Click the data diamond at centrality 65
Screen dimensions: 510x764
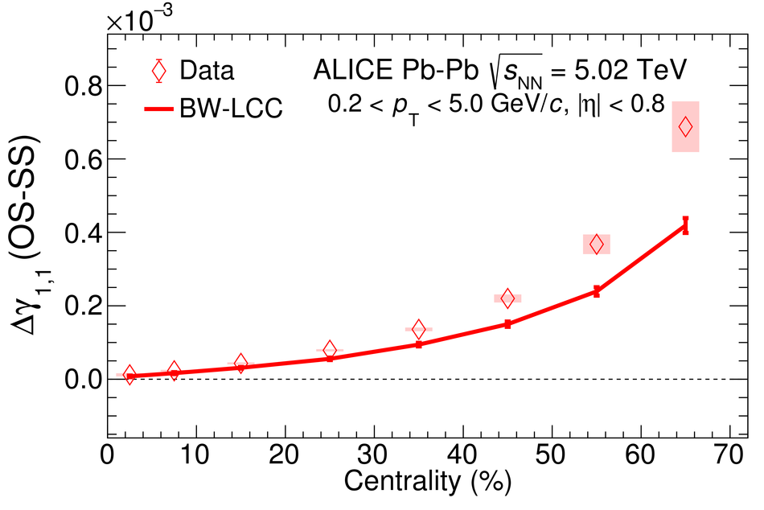tap(685, 126)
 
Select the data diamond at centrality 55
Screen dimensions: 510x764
tap(597, 244)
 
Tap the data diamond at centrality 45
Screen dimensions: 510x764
tap(507, 298)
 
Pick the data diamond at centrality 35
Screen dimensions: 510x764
tap(418, 329)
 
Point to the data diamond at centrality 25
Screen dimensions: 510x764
tap(330, 349)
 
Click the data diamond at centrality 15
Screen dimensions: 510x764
tap(240, 363)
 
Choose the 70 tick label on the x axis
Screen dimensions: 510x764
tap(729, 457)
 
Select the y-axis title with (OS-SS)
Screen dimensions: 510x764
tap(28, 241)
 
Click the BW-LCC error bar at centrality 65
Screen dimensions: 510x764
tap(685, 225)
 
